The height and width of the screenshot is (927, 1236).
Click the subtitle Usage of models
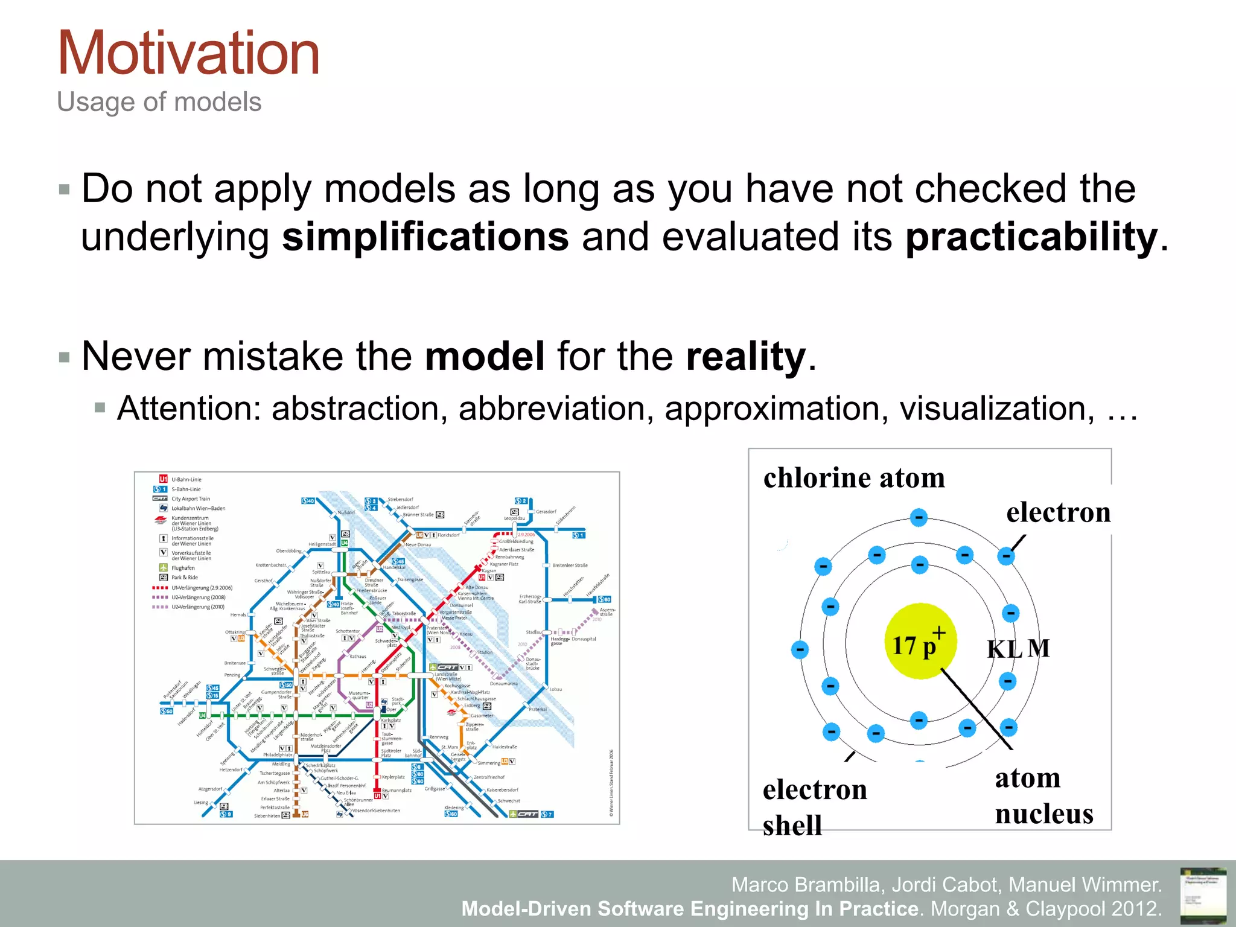pos(159,102)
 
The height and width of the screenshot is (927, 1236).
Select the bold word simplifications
pos(425,237)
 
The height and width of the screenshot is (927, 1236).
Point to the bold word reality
pos(746,356)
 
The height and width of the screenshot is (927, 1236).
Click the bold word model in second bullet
pos(485,356)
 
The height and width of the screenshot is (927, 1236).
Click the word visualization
pos(996,409)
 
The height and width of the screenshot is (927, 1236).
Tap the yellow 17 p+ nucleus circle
pos(920,641)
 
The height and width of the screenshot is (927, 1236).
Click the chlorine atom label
pos(853,478)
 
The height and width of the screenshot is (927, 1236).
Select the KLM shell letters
pos(1018,649)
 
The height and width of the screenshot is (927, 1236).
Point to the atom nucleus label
pos(1043,795)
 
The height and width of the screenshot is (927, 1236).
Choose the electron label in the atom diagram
pos(1058,512)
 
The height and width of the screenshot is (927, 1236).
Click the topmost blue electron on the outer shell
pos(919,517)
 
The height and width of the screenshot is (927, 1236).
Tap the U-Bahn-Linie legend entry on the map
pos(186,480)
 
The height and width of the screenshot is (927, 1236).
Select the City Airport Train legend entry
pos(190,499)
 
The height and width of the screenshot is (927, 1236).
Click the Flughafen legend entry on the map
pos(183,568)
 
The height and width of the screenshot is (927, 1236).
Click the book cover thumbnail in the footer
pos(1203,895)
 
